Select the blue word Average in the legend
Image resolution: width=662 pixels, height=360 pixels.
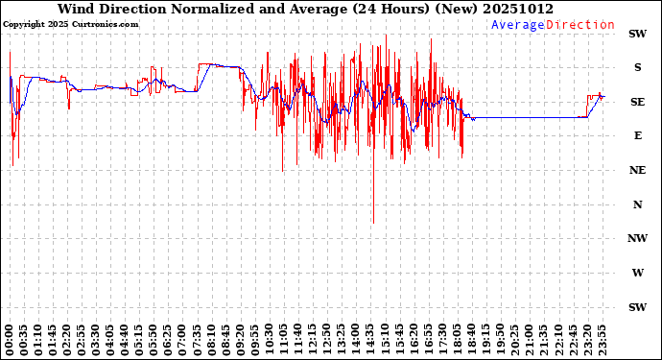click(518, 25)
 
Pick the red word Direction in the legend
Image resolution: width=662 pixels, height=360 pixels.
click(580, 25)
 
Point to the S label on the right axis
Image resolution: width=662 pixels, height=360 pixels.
click(636, 67)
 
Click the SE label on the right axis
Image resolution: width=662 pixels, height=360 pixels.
click(636, 102)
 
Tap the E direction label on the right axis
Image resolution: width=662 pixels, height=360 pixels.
click(636, 135)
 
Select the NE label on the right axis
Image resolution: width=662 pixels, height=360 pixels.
click(636, 170)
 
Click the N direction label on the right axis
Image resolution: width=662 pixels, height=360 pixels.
click(636, 204)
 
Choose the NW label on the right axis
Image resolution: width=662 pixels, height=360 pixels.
click(636, 238)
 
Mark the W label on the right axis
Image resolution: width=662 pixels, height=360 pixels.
click(636, 273)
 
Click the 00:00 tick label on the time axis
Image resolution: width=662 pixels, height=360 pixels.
click(10, 340)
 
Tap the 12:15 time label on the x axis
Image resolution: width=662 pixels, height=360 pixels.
click(313, 340)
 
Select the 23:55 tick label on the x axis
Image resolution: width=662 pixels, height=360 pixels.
click(602, 340)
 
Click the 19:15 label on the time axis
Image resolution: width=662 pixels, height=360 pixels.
click(486, 340)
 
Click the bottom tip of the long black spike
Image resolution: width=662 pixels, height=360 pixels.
click(373, 224)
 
